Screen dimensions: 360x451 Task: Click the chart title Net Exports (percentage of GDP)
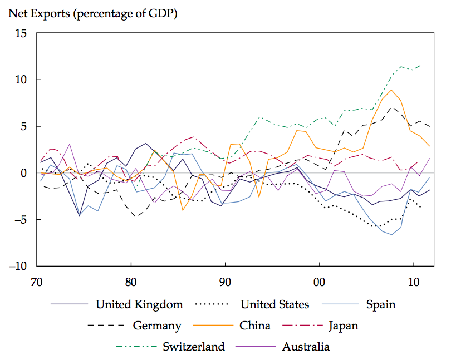click(x=92, y=14)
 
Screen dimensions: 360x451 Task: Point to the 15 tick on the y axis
click(x=21, y=33)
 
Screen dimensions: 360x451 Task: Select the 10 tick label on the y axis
click(x=21, y=80)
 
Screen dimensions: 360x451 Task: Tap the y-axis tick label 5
click(x=24, y=126)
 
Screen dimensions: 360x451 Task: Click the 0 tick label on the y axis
click(x=24, y=173)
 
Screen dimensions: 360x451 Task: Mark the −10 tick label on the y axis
click(x=17, y=266)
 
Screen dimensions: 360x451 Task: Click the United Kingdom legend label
click(x=139, y=304)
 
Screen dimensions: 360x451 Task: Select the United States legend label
click(x=274, y=304)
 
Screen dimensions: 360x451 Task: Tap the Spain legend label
click(x=381, y=304)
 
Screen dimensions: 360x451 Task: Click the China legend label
click(x=255, y=326)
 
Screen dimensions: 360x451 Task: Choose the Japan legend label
click(x=344, y=326)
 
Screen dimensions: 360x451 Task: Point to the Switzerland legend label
click(x=194, y=347)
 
